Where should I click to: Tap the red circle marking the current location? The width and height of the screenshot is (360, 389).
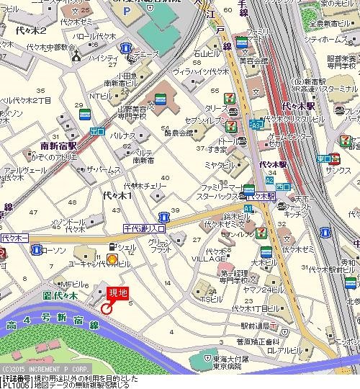(x=107, y=308)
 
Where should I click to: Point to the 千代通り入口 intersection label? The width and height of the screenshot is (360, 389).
(x=144, y=228)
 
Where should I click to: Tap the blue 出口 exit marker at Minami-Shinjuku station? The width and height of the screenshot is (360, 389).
(x=98, y=131)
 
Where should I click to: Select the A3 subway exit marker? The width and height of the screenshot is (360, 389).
(x=256, y=124)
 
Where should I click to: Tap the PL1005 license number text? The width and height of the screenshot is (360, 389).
(x=15, y=385)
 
